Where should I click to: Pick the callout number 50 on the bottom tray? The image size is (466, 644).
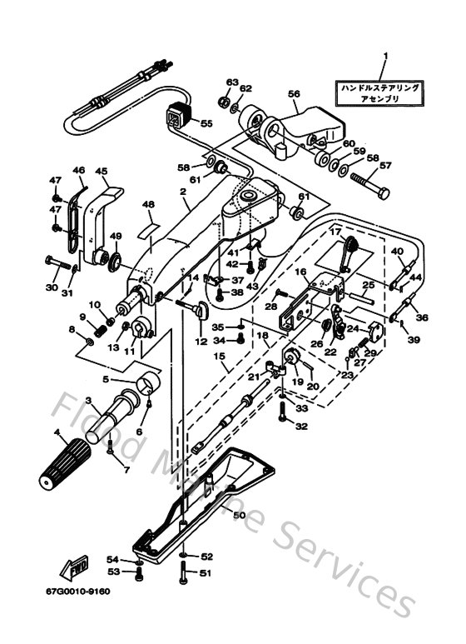239,515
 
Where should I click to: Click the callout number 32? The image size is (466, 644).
300,426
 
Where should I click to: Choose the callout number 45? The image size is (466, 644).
102,172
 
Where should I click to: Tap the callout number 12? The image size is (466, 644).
200,341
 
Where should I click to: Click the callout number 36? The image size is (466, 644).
422,317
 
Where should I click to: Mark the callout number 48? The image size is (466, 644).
148,204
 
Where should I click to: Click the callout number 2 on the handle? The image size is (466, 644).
181,191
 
